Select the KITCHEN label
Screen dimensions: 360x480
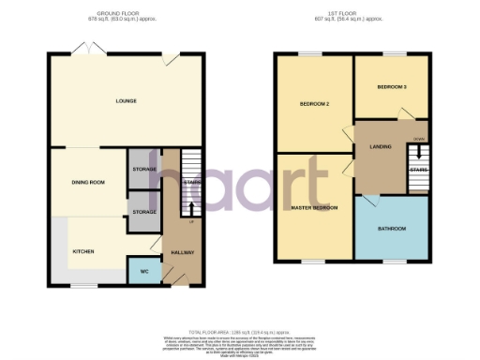pyautogui.click(x=85, y=252)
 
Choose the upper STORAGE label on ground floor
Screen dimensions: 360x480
pyautogui.click(x=144, y=170)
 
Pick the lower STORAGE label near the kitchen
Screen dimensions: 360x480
pyautogui.click(x=144, y=213)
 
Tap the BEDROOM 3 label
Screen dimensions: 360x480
pyautogui.click(x=391, y=87)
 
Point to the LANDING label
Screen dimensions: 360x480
pyautogui.click(x=381, y=145)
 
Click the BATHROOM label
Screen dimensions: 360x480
pyautogui.click(x=392, y=229)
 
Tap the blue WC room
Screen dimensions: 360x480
pyautogui.click(x=144, y=269)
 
